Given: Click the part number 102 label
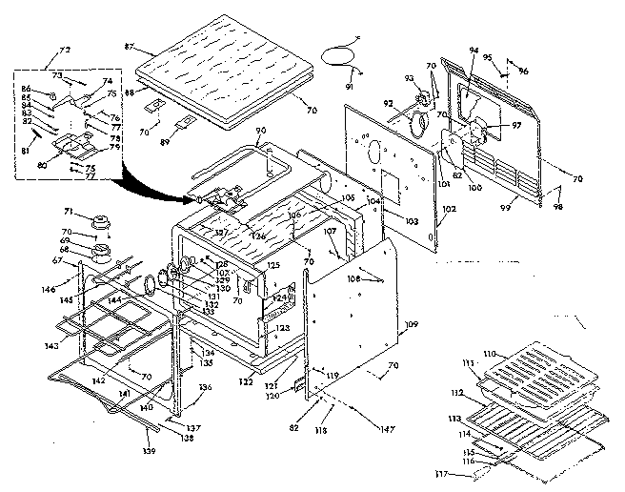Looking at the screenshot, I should (450, 209).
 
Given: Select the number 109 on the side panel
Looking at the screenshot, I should (411, 326).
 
